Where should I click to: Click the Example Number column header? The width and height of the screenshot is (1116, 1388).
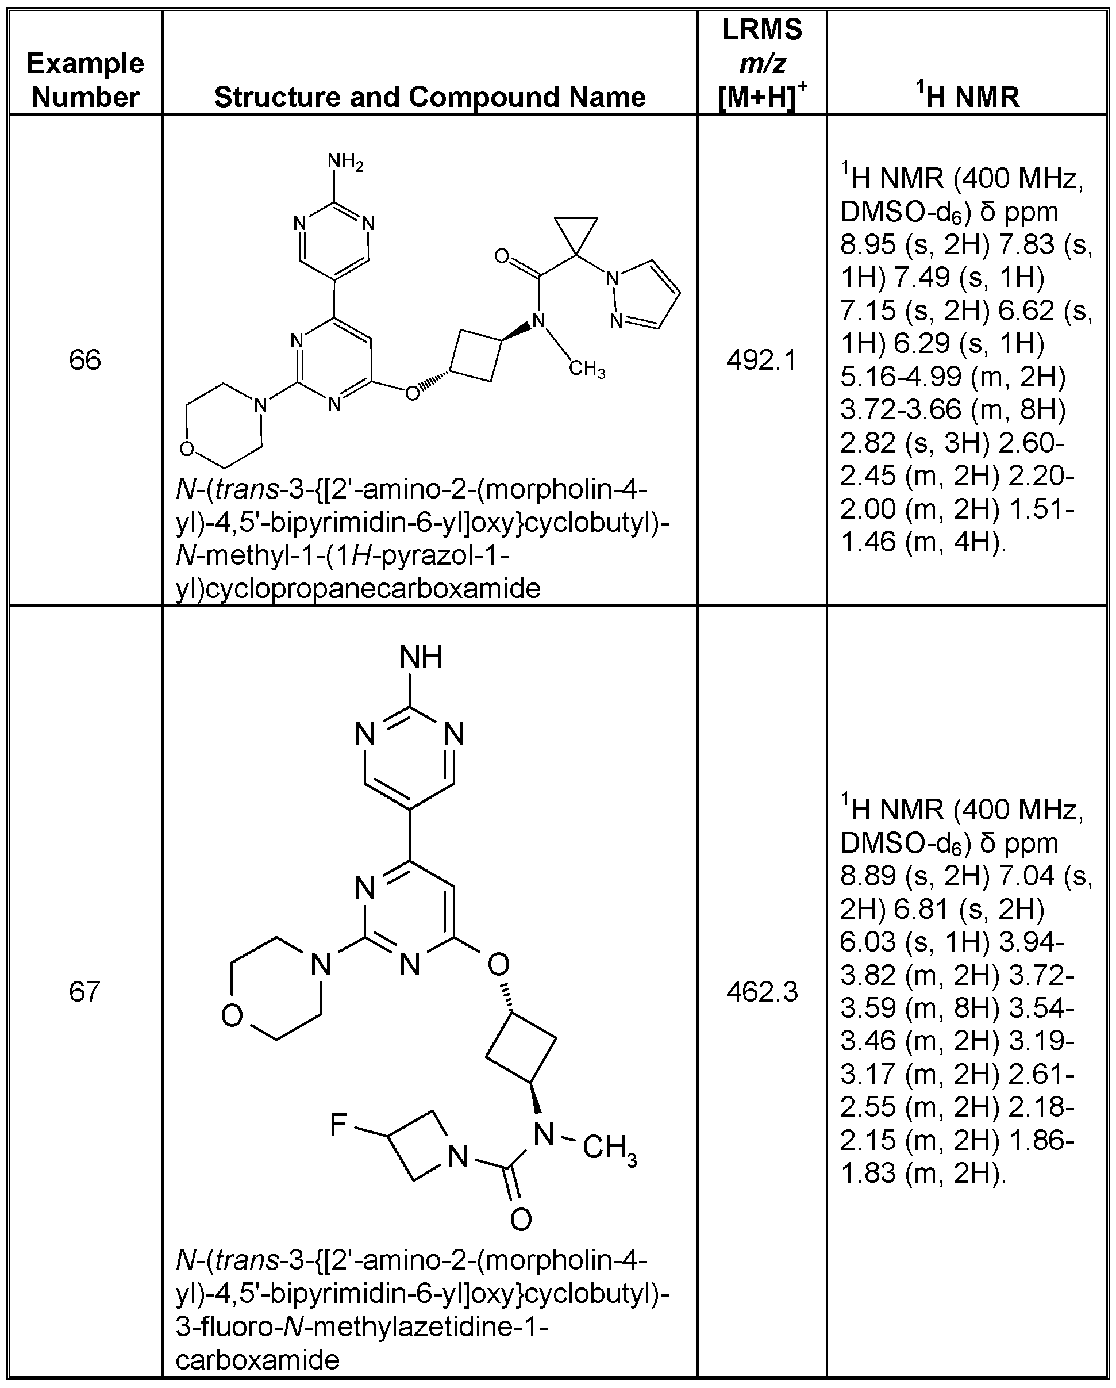(x=86, y=80)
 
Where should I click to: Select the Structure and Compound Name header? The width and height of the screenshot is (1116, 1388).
(x=430, y=97)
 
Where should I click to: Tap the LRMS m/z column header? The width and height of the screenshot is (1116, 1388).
(x=762, y=64)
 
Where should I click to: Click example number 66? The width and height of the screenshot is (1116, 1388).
(x=85, y=360)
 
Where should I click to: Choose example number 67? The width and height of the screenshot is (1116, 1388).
(x=85, y=991)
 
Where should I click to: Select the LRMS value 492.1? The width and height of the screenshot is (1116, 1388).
(x=762, y=361)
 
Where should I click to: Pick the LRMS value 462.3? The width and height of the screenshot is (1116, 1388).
(x=762, y=992)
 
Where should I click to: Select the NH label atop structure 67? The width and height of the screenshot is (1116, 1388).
(x=421, y=657)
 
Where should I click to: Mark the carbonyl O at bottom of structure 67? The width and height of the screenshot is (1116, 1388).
(x=521, y=1219)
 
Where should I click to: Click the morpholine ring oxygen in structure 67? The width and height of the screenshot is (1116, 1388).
(x=232, y=1015)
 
